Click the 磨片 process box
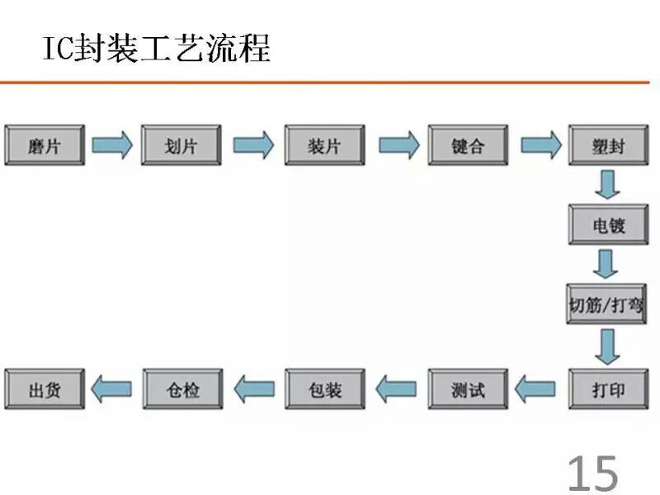tap(45, 145)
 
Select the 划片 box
tap(181, 145)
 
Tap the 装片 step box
tap(324, 145)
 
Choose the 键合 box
tap(468, 145)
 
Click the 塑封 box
tap(609, 145)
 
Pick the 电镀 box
tap(609, 224)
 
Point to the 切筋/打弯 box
tap(606, 304)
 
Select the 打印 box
tap(609, 389)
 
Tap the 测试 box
tap(468, 389)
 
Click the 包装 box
tap(324, 389)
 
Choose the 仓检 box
tap(182, 389)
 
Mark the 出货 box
tap(45, 389)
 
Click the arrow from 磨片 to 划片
tap(112, 145)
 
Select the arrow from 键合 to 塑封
tap(541, 145)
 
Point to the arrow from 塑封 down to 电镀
tap(607, 184)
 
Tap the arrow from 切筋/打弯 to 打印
tap(607, 346)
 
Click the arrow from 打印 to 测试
tap(535, 389)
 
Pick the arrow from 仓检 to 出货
tap(111, 389)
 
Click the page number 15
tap(592, 474)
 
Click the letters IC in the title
tap(59, 49)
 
